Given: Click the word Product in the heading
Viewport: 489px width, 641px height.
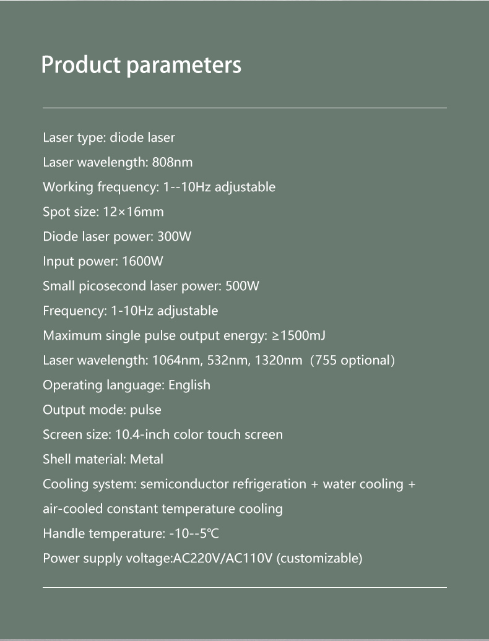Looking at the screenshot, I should (x=80, y=65).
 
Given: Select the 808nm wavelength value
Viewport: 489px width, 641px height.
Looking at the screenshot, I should (x=172, y=162).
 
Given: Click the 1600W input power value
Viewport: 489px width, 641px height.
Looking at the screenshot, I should (x=143, y=261).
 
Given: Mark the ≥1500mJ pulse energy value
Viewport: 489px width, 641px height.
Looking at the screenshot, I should (x=299, y=335).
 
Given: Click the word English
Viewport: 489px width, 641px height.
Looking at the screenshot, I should (x=189, y=385).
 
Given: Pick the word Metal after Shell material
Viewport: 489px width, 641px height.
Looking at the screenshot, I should (x=147, y=459).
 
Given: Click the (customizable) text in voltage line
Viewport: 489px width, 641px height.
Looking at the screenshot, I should (x=319, y=559).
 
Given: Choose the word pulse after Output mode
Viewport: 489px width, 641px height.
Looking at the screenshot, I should (x=145, y=410).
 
